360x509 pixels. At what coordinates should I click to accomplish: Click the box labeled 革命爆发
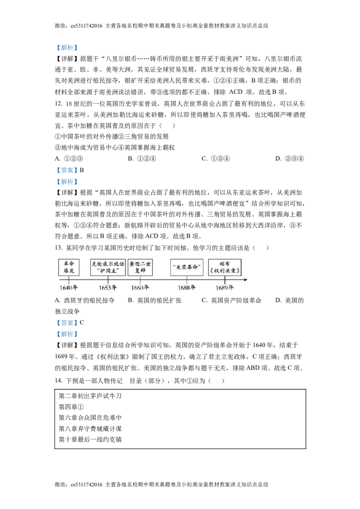click(69, 267)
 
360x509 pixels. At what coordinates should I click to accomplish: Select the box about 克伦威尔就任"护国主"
click(108, 267)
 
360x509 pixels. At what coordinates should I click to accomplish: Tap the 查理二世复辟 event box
click(140, 267)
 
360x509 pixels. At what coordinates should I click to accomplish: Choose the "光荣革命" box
click(187, 267)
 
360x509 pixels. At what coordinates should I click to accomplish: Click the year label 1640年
click(68, 288)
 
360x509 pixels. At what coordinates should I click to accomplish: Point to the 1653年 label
click(108, 288)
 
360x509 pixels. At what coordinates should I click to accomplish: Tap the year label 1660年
click(140, 288)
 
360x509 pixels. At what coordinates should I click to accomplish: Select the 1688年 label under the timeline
click(187, 288)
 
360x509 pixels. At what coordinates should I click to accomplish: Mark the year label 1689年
click(225, 288)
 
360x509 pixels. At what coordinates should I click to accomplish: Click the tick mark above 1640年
click(69, 280)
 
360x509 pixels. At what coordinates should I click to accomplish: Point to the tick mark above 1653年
click(108, 280)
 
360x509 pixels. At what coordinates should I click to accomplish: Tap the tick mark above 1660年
click(140, 280)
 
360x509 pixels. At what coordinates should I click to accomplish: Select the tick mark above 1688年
click(187, 280)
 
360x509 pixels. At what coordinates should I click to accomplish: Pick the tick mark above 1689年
click(225, 280)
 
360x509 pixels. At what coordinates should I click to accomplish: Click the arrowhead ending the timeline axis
click(246, 280)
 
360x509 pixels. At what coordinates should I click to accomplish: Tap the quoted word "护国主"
click(108, 271)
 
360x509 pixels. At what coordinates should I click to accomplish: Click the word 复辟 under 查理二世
click(140, 271)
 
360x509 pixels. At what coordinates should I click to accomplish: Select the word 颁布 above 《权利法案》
click(225, 263)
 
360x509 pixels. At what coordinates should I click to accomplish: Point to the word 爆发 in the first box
click(69, 271)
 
